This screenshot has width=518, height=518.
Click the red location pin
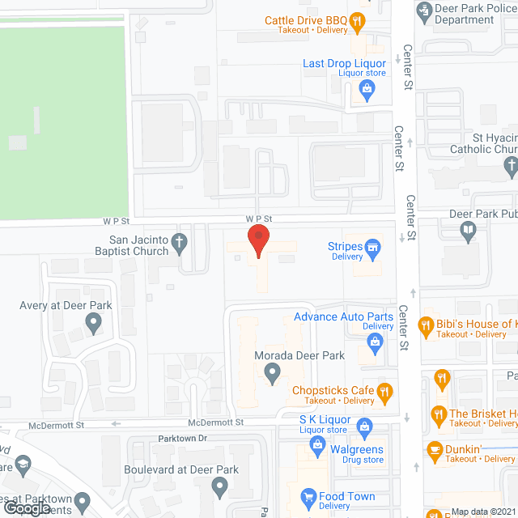257,240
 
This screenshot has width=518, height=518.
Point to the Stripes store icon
373,246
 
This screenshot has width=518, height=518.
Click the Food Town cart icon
308,496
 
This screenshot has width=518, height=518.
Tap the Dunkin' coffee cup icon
434,449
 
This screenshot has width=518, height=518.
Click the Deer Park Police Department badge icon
422,11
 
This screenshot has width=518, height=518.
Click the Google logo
26,507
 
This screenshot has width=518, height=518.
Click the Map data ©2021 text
482,512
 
